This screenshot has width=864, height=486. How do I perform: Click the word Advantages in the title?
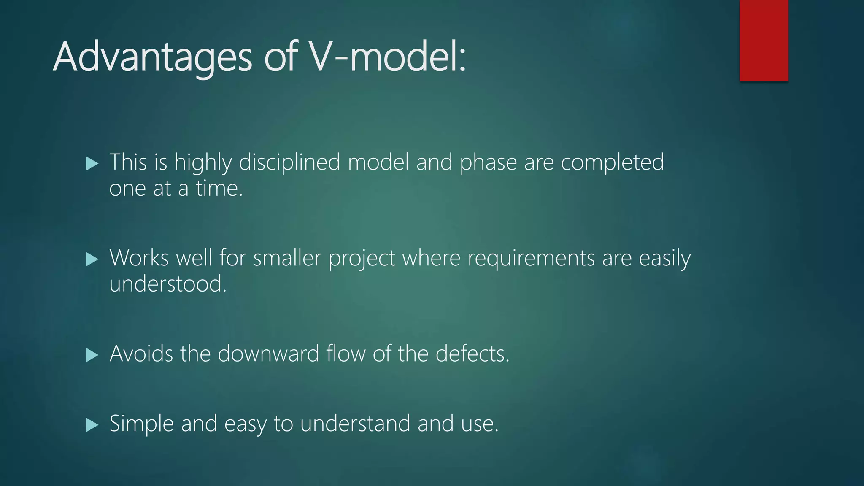coord(152,57)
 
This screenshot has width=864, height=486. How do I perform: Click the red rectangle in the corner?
coord(764,40)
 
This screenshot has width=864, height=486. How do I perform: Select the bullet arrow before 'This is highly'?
coord(92,163)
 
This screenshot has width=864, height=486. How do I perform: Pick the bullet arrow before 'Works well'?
coord(92,259)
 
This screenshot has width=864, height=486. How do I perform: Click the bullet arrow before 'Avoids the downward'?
coord(92,355)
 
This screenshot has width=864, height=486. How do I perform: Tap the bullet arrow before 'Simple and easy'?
coord(92,424)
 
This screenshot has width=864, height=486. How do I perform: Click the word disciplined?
coord(289,162)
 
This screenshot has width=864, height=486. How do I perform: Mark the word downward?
coord(268,354)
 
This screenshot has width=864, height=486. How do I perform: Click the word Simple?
coord(141,424)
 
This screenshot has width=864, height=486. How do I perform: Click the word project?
coord(362,259)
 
